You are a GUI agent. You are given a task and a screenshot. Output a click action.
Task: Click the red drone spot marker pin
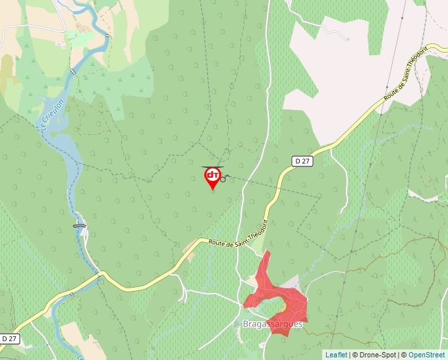(212, 178)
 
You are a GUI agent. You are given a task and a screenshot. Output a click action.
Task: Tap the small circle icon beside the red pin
(223, 178)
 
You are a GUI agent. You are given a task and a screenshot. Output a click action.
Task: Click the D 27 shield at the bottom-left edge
(9, 338)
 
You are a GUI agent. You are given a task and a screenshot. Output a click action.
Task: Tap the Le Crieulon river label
(52, 116)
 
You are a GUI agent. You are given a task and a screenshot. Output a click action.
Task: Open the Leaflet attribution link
(336, 355)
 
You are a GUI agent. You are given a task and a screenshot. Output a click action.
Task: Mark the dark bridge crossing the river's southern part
(80, 226)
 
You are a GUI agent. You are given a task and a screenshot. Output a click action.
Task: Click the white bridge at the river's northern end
(73, 71)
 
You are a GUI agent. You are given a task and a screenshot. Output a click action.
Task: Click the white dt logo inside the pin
(212, 174)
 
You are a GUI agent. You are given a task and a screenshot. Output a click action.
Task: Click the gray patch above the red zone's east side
(289, 282)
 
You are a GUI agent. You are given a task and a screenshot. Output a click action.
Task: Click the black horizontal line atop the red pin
(212, 167)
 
